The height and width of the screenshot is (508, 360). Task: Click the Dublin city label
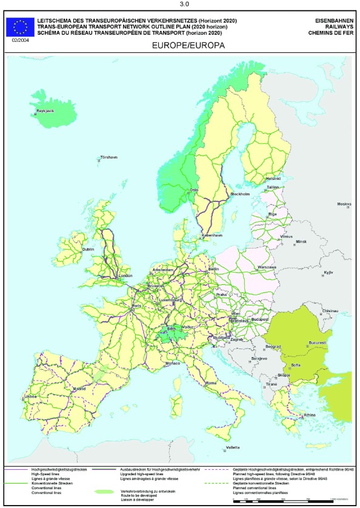tap(88, 249)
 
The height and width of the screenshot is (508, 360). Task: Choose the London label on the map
tap(125, 276)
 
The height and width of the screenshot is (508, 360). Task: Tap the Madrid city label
tap(79, 389)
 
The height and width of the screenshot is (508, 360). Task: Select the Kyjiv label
tap(328, 273)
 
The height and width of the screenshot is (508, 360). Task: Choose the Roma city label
tap(212, 383)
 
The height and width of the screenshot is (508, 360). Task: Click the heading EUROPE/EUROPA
tap(179, 45)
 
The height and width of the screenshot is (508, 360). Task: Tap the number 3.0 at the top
tap(179, 5)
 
